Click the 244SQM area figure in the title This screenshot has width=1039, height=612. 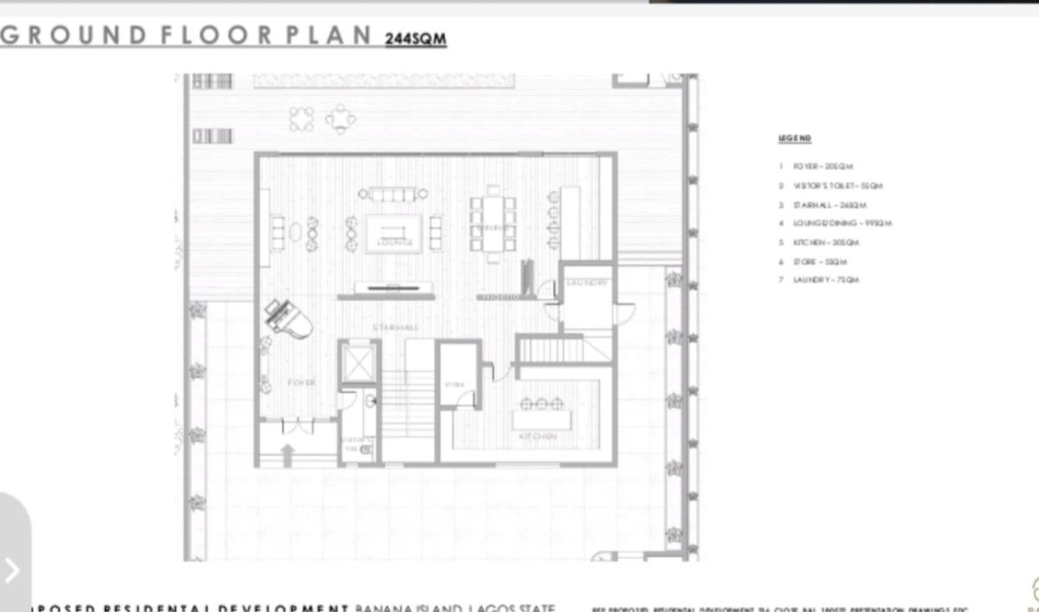(x=416, y=38)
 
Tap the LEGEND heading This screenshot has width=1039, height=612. (x=794, y=139)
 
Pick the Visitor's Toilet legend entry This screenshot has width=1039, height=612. (x=831, y=185)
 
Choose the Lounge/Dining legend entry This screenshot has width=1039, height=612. (x=836, y=223)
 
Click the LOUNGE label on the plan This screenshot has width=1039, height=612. (x=395, y=242)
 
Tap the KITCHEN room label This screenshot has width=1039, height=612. (x=538, y=437)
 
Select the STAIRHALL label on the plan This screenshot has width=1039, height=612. (x=396, y=327)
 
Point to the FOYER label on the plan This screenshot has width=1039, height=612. (x=301, y=382)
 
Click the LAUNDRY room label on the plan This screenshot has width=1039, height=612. (x=588, y=283)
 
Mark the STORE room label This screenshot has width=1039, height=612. (x=455, y=384)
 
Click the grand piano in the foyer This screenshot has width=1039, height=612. (x=289, y=318)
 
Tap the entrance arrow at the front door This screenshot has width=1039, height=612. (x=288, y=453)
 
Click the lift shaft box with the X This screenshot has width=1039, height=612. (x=358, y=362)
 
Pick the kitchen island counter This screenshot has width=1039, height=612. (x=541, y=420)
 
